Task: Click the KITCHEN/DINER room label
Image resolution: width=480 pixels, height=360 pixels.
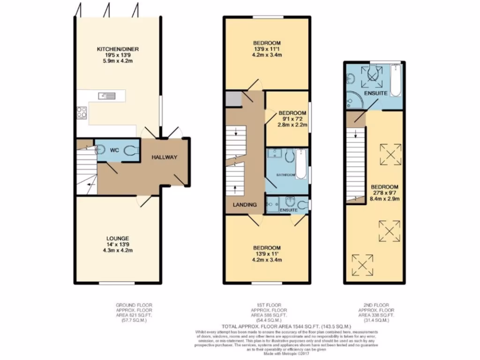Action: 118,49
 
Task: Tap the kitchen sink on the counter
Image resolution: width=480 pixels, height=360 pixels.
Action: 107,96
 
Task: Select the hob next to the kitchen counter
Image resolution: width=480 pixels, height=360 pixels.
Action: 82,112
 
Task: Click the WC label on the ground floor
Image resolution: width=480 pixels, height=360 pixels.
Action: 114,150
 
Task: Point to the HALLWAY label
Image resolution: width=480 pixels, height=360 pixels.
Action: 164,157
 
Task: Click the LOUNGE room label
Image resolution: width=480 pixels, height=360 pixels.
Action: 117,238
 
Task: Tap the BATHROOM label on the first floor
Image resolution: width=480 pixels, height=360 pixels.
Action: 285,175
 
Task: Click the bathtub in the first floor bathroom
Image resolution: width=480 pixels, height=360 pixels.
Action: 301,166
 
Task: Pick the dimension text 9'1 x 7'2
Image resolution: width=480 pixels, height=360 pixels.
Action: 292,119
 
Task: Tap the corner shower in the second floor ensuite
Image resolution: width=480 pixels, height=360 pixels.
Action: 352,99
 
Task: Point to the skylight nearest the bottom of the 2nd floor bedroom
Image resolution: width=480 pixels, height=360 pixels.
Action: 362,265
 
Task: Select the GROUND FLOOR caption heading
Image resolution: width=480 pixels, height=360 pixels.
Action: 134,305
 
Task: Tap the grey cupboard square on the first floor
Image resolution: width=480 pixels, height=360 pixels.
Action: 232,98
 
